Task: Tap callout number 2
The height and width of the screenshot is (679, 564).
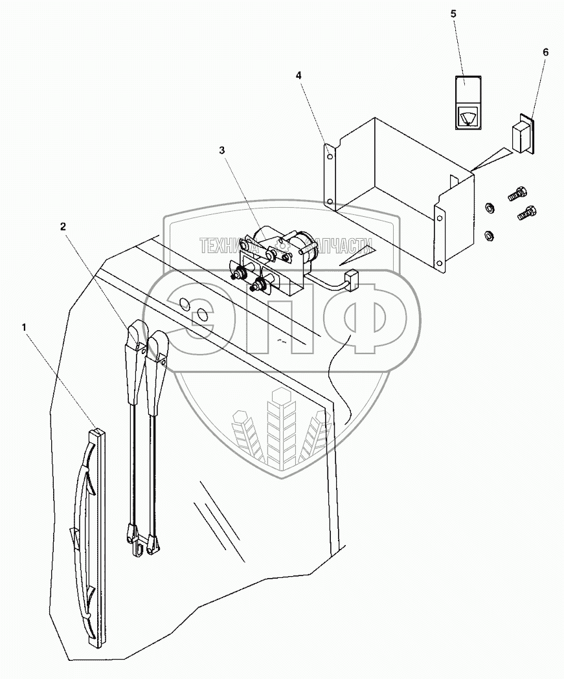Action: (63, 226)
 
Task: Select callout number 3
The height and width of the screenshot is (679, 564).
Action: (222, 150)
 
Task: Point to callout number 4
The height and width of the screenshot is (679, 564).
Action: (299, 75)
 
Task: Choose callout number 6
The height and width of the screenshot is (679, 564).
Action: (545, 51)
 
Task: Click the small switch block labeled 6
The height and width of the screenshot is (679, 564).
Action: (523, 137)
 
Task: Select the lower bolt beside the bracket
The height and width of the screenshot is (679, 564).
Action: (526, 214)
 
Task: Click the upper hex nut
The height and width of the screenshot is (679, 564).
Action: (490, 208)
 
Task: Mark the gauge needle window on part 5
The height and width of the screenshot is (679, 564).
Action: (466, 117)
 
